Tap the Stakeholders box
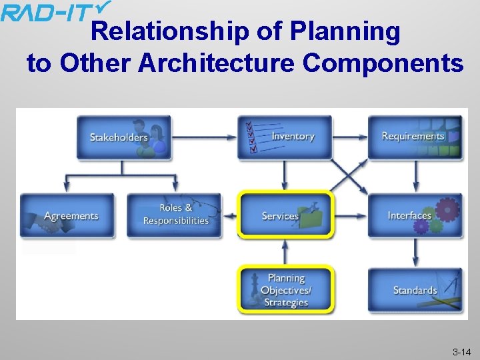(x=124, y=137)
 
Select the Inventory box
(x=285, y=137)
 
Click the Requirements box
(x=415, y=137)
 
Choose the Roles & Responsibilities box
(x=175, y=215)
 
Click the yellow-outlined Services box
(x=285, y=215)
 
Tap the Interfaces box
(x=415, y=215)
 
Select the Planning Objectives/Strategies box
(x=285, y=290)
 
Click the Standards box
(x=415, y=290)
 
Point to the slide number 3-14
(x=462, y=351)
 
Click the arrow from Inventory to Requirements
(x=350, y=137)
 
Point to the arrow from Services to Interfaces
(x=350, y=216)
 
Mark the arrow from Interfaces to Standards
(x=415, y=253)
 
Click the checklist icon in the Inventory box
(x=253, y=136)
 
